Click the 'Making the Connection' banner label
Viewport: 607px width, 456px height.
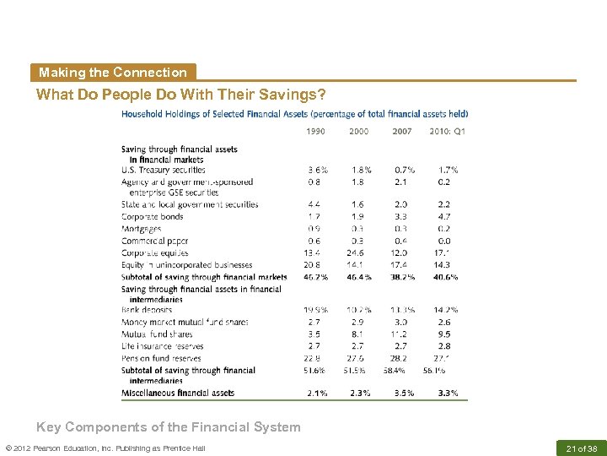[x=112, y=73]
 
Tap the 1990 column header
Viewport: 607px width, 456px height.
[x=316, y=131]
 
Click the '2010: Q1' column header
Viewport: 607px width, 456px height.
[x=447, y=131]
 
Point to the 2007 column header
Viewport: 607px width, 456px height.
[x=402, y=131]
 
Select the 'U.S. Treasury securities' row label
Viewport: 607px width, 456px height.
[x=163, y=170]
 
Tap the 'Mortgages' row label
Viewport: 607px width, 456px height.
[x=141, y=229]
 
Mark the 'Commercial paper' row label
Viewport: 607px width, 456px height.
[x=154, y=241]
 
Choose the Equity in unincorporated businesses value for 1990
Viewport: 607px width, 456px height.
[x=314, y=265]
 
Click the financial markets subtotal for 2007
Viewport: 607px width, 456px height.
[x=403, y=277]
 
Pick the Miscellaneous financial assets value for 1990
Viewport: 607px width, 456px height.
[x=318, y=394]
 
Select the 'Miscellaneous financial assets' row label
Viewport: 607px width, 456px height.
[x=177, y=394]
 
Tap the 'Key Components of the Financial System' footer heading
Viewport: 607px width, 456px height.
[x=168, y=427]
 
